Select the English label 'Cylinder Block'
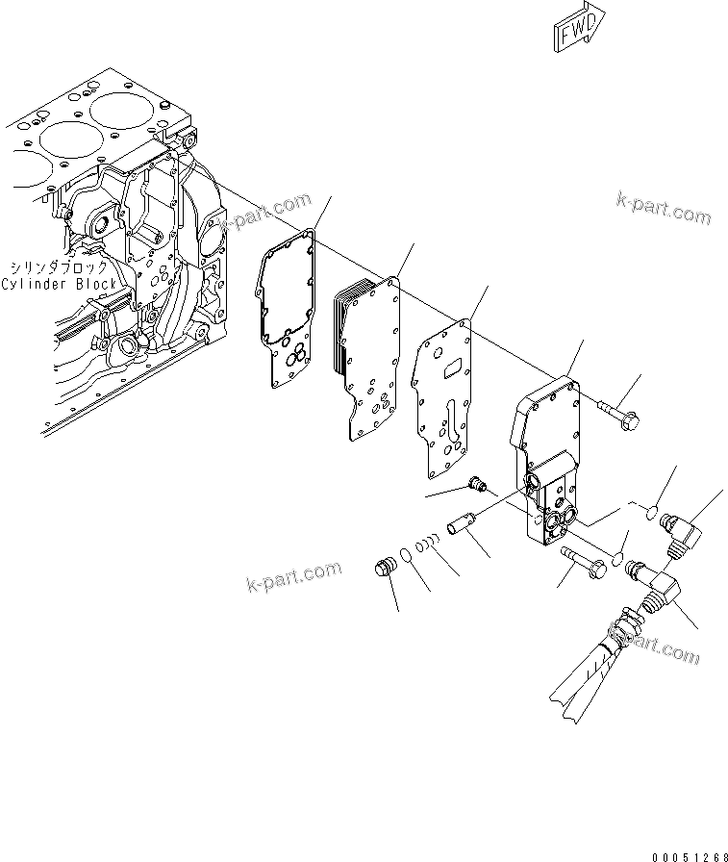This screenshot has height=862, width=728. [x=59, y=284]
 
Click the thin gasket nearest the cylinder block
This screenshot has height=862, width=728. [x=286, y=308]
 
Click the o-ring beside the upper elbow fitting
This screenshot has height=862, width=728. [x=651, y=510]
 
